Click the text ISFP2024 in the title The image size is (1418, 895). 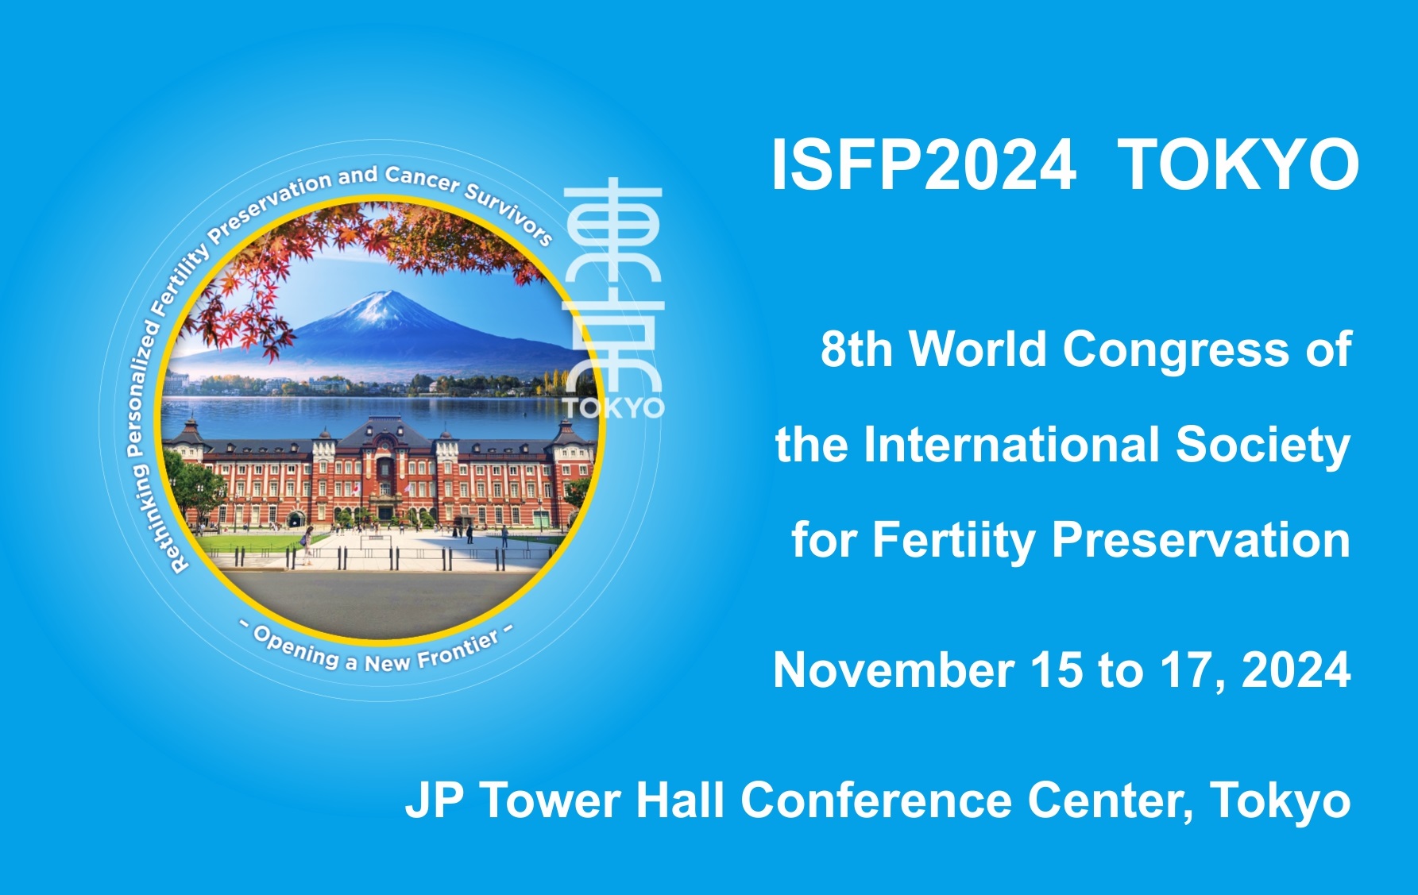(x=924, y=165)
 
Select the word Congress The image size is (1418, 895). (x=1177, y=350)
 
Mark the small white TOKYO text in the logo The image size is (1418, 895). (x=614, y=407)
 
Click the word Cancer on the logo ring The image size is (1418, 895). (x=423, y=179)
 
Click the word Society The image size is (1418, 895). (x=1263, y=445)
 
